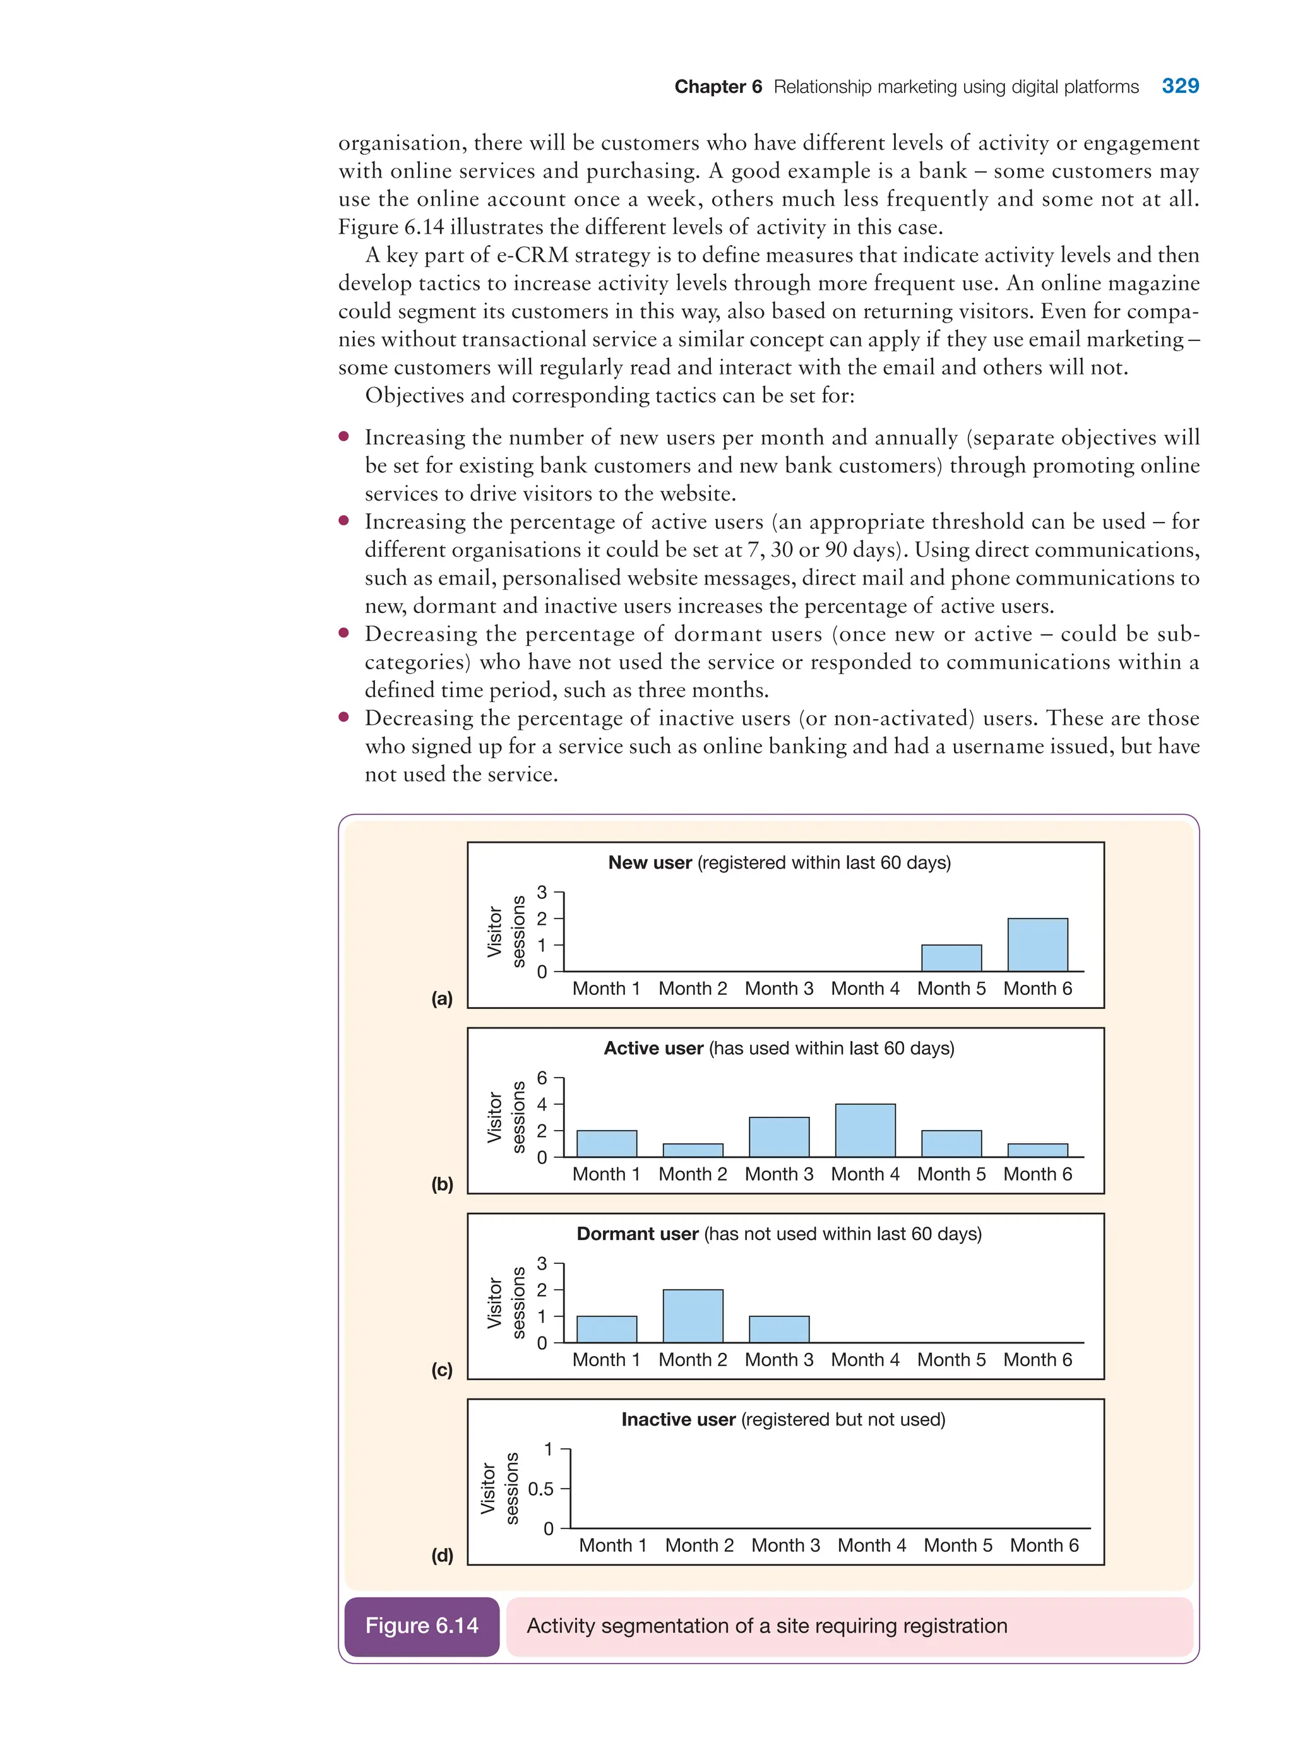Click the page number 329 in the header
click(x=1180, y=86)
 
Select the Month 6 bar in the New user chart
click(x=1037, y=944)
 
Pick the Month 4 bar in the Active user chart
click(x=865, y=1130)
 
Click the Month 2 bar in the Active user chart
click(x=693, y=1150)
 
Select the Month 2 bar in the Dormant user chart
click(x=693, y=1316)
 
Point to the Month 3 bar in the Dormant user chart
click(x=779, y=1329)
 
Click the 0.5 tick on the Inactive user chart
click(x=541, y=1488)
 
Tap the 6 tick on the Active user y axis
click(x=542, y=1078)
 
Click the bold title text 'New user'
click(x=650, y=862)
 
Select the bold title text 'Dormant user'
click(x=637, y=1234)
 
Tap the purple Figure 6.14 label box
click(x=422, y=1626)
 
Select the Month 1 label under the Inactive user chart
click(x=613, y=1545)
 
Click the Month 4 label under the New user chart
click(x=865, y=989)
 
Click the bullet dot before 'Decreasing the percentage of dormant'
click(x=343, y=633)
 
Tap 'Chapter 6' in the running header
click(x=718, y=87)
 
